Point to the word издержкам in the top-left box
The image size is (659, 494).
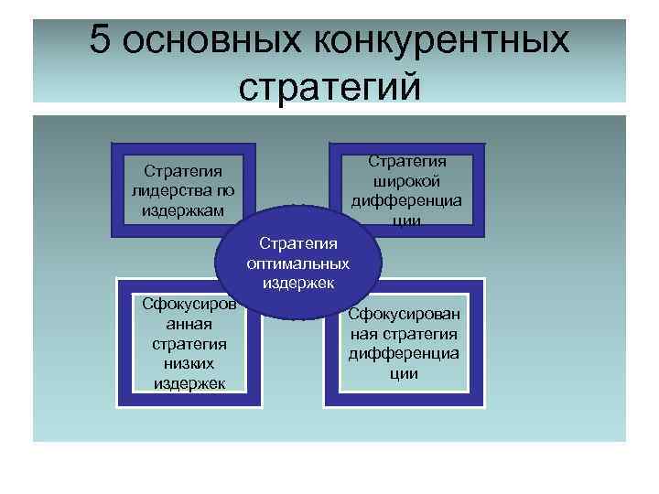(x=183, y=209)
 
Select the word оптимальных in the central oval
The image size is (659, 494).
(x=298, y=263)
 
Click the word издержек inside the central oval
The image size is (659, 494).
(x=298, y=282)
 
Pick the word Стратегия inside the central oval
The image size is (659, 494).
(x=298, y=243)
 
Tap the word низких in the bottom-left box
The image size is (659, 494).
(x=190, y=363)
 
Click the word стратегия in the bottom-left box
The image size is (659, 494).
(x=190, y=343)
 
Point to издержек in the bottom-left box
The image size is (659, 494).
(x=190, y=382)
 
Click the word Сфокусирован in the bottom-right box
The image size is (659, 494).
(x=404, y=316)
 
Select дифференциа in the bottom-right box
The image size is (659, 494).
(x=404, y=354)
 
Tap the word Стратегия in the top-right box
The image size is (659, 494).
(x=407, y=161)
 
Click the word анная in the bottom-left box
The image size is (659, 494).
(x=190, y=323)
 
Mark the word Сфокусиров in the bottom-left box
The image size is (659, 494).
(x=185, y=304)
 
